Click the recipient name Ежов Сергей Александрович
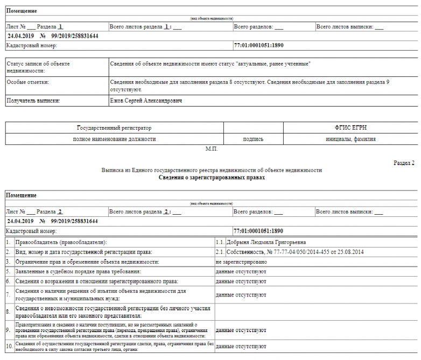(146, 101)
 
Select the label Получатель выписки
(33, 101)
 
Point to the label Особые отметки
(28, 82)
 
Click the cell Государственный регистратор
(114, 128)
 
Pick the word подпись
(253, 139)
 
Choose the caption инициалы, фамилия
(350, 139)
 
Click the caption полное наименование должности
(114, 139)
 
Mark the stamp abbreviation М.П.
(211, 147)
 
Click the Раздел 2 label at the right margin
(404, 163)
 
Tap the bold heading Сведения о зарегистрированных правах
(212, 177)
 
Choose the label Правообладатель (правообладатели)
(60, 243)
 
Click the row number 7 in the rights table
(8, 294)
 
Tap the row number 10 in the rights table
(9, 346)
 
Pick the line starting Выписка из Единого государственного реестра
(212, 170)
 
